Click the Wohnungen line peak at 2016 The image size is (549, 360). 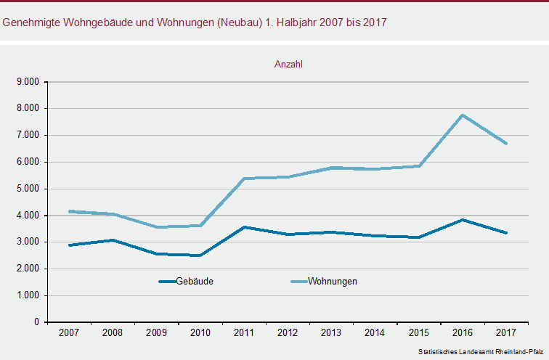pos(463,115)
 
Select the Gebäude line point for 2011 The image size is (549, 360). pos(244,227)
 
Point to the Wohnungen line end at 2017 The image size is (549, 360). pos(506,144)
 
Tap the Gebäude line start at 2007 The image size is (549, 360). pos(70,245)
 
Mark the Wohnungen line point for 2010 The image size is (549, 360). pos(200,225)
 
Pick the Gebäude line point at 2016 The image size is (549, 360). pos(463,220)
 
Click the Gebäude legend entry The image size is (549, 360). pos(186,282)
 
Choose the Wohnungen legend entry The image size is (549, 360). pos(324,282)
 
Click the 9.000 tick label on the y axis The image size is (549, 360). pos(28,82)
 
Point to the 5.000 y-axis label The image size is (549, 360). pos(28,189)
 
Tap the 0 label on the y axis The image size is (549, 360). pos(37,322)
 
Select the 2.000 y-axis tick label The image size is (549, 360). pos(28,269)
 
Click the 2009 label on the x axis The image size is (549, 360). pos(156,332)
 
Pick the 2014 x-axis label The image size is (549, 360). pos(375,332)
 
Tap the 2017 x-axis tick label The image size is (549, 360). pos(506,332)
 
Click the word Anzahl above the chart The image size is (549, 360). pos(288,65)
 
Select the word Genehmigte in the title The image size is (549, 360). pos(31,22)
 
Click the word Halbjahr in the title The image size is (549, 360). pos(295,22)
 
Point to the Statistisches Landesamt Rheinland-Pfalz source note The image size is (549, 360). pos(481,351)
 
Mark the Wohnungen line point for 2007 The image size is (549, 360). pos(70,211)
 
